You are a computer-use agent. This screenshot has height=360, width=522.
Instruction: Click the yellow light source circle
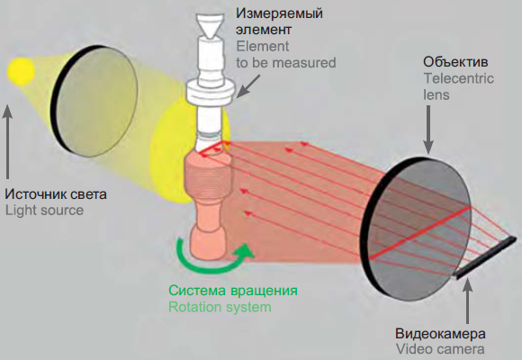click(x=21, y=70)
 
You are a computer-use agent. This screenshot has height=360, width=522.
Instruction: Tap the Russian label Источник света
click(x=56, y=194)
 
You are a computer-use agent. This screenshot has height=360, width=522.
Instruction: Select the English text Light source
click(x=44, y=211)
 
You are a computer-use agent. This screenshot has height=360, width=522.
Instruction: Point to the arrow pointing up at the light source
click(x=7, y=142)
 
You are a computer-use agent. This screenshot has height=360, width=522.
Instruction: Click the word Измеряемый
click(x=279, y=14)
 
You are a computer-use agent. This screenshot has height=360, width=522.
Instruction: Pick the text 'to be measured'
click(x=286, y=63)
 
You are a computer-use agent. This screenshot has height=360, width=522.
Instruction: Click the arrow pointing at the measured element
click(x=247, y=86)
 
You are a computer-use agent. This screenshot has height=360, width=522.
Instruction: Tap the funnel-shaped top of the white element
click(x=210, y=25)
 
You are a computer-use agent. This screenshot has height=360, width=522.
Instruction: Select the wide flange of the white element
click(x=211, y=92)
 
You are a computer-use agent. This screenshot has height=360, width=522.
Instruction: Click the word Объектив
click(x=455, y=62)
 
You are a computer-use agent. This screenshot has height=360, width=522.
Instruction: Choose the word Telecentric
click(x=458, y=78)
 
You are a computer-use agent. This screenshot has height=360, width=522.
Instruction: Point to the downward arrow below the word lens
click(x=428, y=130)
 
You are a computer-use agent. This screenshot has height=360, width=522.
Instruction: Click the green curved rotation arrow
click(x=213, y=263)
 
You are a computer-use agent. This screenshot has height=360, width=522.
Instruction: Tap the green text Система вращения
click(x=233, y=291)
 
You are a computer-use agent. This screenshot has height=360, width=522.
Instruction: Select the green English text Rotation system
click(x=220, y=307)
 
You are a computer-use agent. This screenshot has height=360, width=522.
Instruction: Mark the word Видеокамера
click(x=440, y=333)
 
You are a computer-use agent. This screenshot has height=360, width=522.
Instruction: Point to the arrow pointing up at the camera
click(x=468, y=300)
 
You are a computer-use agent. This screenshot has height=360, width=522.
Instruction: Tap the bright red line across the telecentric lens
click(x=420, y=231)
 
